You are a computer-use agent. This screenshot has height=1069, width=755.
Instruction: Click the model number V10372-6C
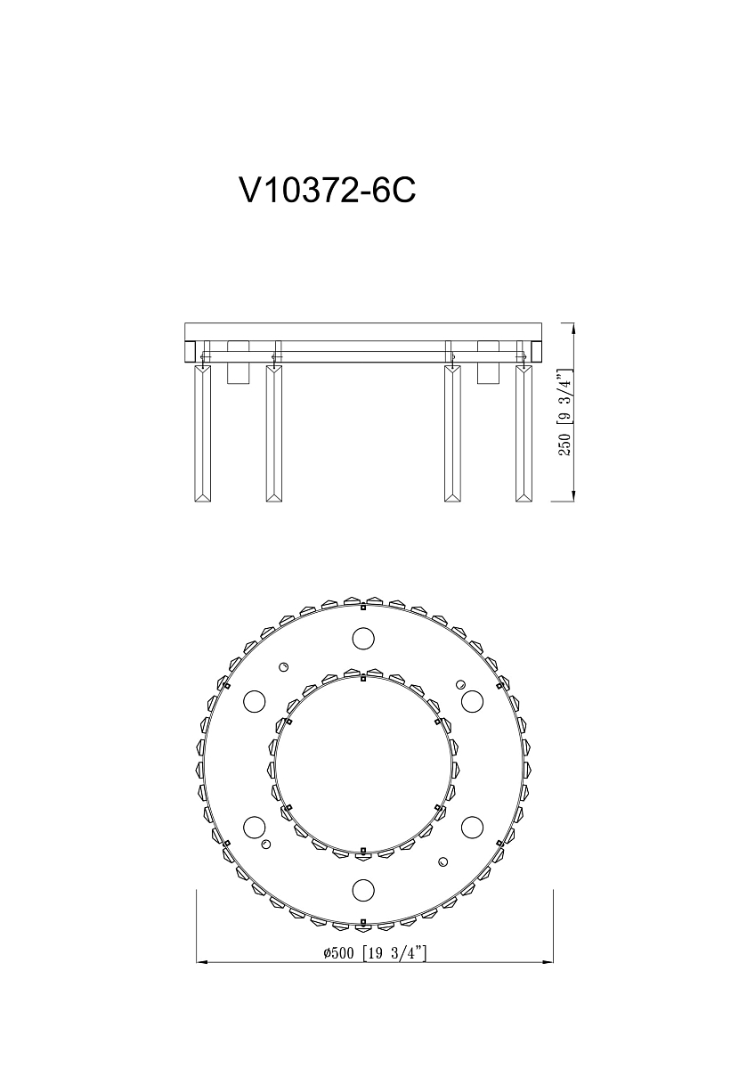click(328, 191)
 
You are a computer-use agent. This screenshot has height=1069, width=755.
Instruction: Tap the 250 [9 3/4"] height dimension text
click(564, 412)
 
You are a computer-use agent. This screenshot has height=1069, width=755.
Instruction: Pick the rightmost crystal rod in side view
click(524, 433)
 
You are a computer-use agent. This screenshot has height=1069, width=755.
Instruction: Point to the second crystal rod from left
click(274, 433)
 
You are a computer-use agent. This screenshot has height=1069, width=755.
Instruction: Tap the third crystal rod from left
click(452, 433)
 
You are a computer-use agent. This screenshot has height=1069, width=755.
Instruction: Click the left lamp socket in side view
click(239, 362)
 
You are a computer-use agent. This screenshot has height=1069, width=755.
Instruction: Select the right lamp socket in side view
click(488, 362)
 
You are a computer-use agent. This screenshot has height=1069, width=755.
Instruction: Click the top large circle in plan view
click(363, 638)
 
